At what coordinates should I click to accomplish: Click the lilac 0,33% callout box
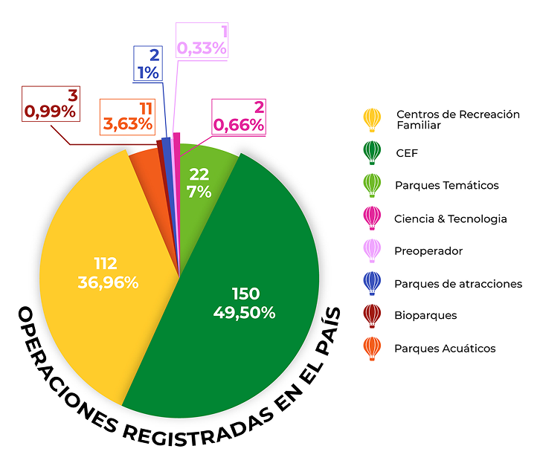pyautogui.click(x=201, y=40)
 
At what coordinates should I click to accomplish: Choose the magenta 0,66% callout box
pyautogui.click(x=239, y=117)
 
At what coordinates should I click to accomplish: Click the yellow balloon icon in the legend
pyautogui.click(x=372, y=119)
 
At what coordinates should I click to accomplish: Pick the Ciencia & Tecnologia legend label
pyautogui.click(x=450, y=219)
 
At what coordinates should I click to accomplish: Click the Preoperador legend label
pyautogui.click(x=428, y=251)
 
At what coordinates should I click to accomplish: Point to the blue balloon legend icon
pyautogui.click(x=372, y=283)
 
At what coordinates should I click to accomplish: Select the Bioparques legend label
pyautogui.click(x=425, y=315)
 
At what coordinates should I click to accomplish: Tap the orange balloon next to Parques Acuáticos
pyautogui.click(x=372, y=347)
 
